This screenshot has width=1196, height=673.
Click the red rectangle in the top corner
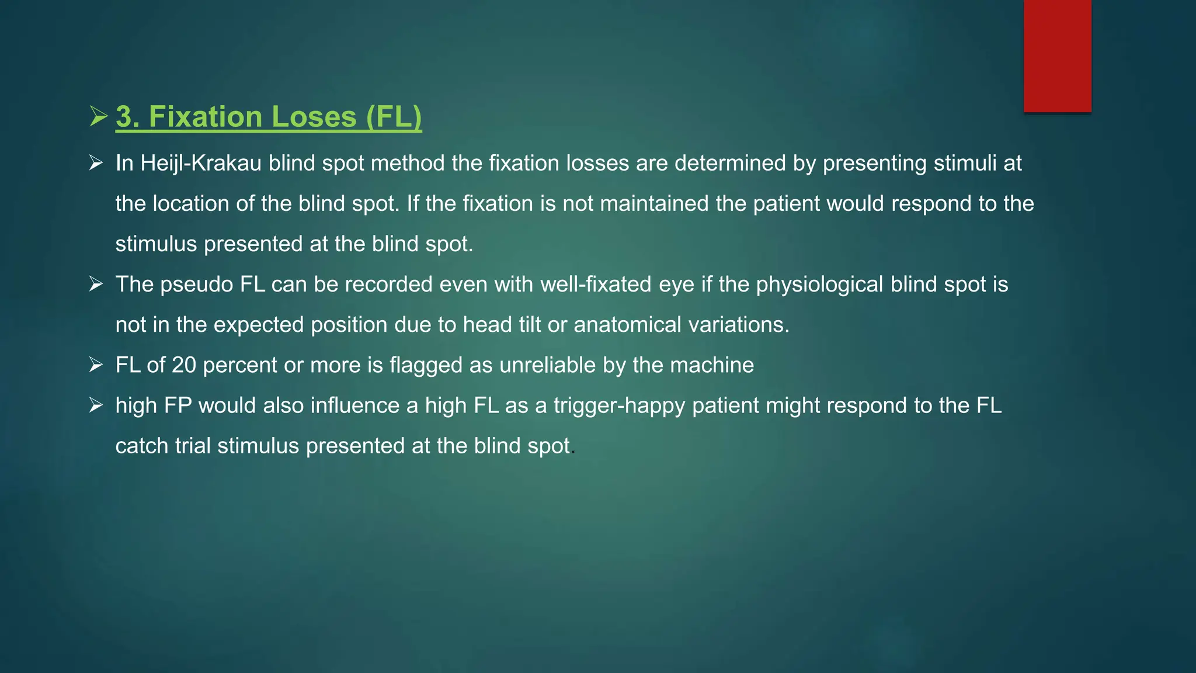tap(1057, 56)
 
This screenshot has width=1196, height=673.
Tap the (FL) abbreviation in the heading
tap(394, 117)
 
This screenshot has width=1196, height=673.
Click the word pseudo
tap(196, 285)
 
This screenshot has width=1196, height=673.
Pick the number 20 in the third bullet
tap(183, 365)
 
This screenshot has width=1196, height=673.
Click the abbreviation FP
tap(178, 405)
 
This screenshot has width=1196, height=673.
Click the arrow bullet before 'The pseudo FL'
tap(96, 285)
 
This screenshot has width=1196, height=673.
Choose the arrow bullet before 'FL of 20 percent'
tap(96, 365)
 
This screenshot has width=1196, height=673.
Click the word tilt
tap(527, 325)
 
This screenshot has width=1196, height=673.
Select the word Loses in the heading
tap(314, 117)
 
